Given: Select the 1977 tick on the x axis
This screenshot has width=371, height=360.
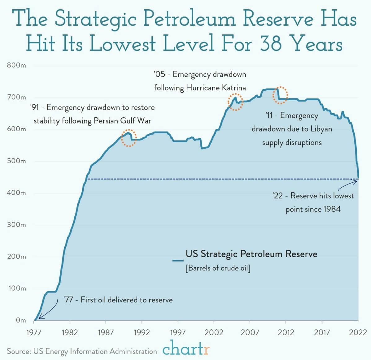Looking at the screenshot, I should coord(34,332).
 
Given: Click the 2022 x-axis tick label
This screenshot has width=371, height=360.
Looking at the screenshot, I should coord(358,332).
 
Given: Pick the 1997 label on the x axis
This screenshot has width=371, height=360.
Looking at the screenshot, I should coord(178,332).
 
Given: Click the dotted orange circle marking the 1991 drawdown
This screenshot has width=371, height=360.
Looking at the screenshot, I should coord(129,138).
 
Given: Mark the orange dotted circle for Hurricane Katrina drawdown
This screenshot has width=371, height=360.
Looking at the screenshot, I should coord(235,102).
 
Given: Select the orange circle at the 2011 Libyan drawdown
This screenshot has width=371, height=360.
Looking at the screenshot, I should coord(280,95).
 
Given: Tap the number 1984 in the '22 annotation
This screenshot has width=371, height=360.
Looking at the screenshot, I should coord(332,209).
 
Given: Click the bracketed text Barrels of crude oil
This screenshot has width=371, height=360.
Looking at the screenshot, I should coord(218,268).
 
